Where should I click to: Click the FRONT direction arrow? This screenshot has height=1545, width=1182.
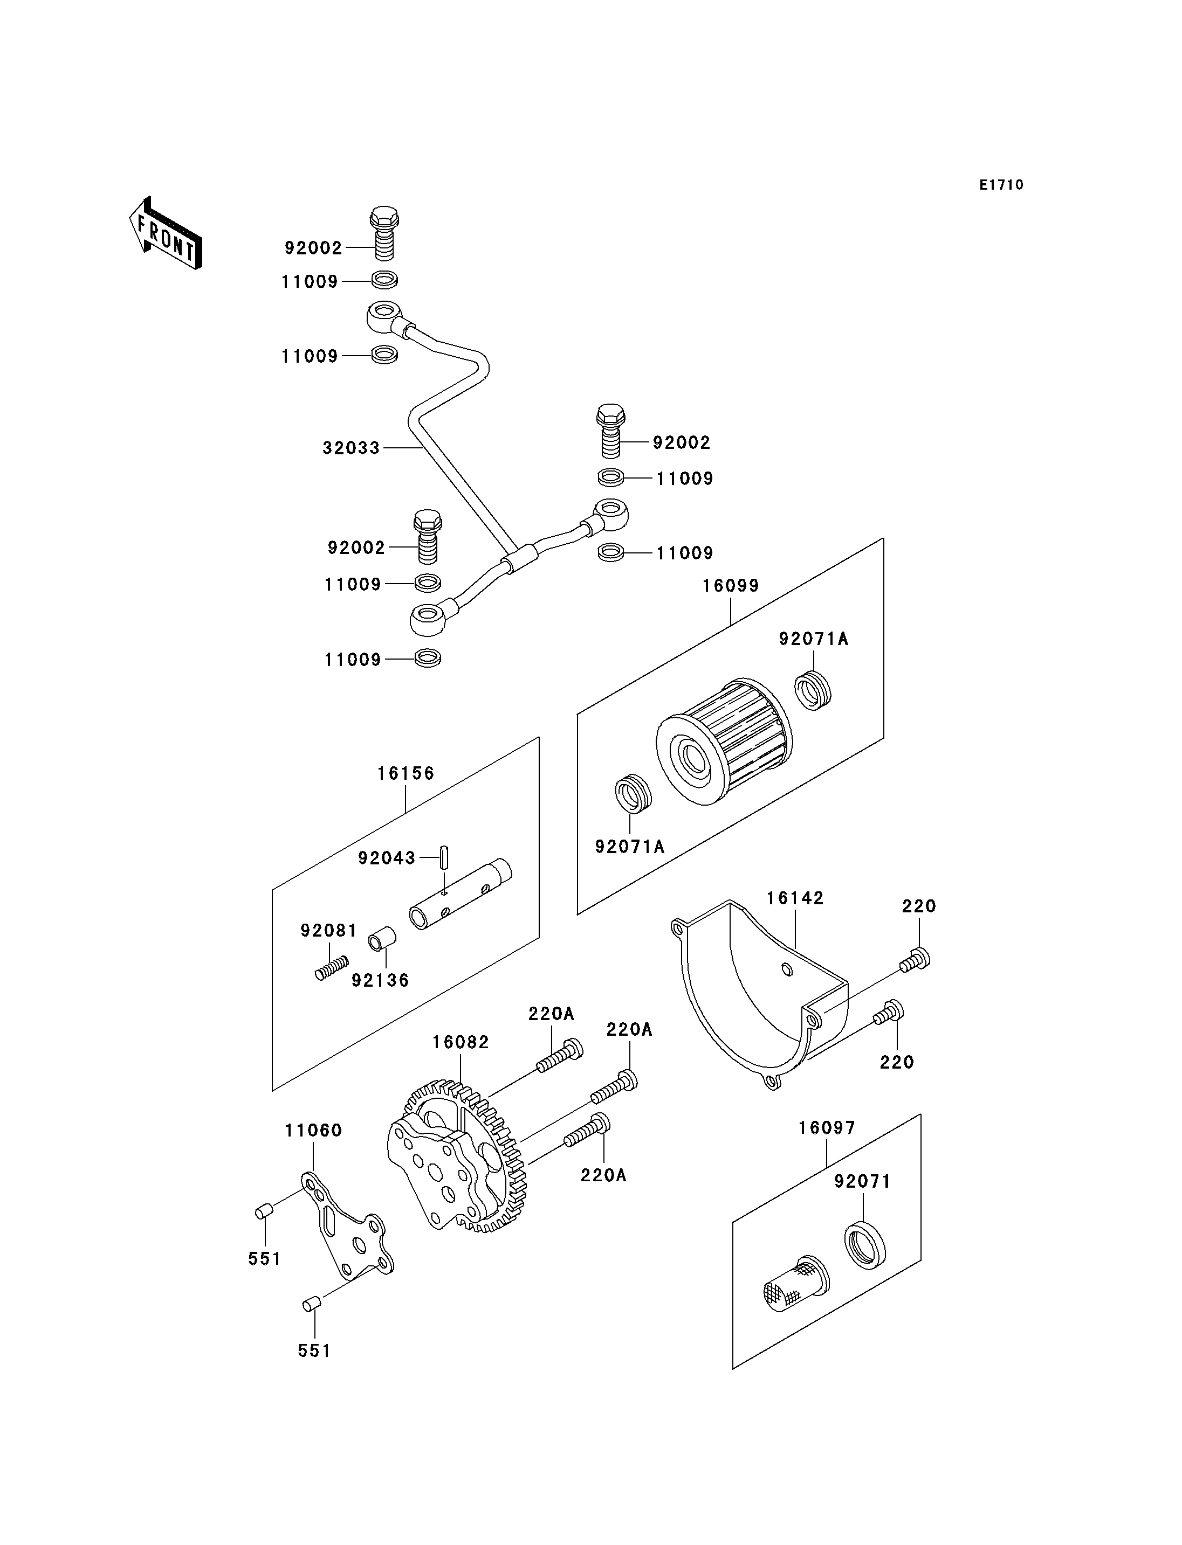pos(166,234)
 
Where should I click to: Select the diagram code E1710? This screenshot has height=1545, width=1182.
pos(1001,185)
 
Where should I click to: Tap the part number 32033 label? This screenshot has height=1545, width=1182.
pos(351,448)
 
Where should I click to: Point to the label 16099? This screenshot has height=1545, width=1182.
pos(731,586)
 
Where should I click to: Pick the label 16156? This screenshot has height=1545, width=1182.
pos(406,773)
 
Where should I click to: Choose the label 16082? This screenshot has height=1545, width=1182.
pos(461,1042)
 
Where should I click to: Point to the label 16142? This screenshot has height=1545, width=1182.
pos(795,898)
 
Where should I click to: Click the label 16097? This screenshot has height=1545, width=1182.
pos(827,1128)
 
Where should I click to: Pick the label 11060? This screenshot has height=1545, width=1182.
pos(314,1131)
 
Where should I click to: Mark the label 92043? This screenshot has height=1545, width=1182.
pos(387,858)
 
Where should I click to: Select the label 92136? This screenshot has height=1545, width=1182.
pos(381,980)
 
